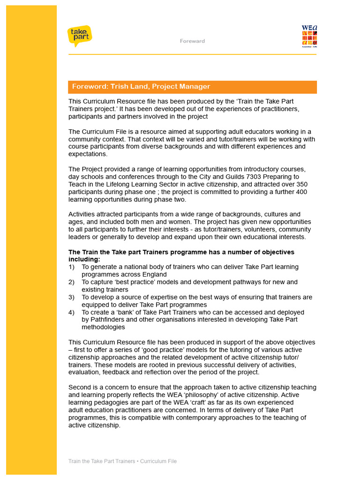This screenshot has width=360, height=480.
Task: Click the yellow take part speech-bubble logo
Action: coord(79,36)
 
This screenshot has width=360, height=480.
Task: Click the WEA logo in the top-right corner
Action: coord(309,36)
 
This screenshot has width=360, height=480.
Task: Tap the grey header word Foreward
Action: coord(192,41)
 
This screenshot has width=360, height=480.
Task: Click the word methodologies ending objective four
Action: coord(103,327)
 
